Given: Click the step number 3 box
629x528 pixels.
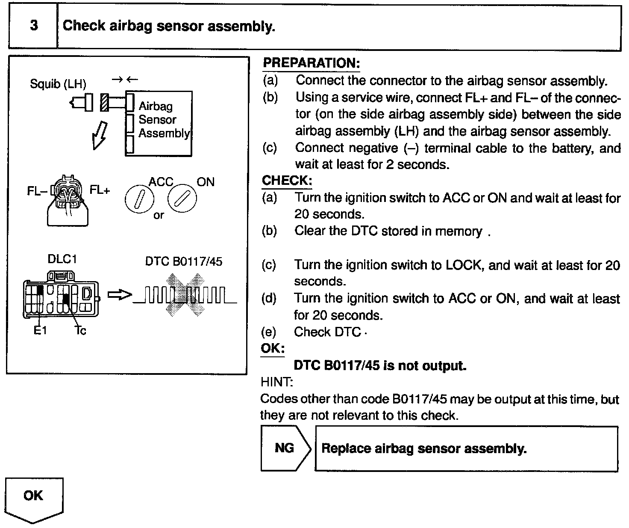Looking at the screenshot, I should pos(33,26).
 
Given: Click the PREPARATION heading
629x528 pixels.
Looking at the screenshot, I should pos(311,63).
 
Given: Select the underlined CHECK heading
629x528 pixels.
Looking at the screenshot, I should pos(287,181).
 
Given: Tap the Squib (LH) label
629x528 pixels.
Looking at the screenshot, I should pos(58,84).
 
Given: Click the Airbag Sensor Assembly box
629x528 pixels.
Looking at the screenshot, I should pos(159,123).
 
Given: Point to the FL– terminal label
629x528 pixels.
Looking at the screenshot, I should pos(37,191).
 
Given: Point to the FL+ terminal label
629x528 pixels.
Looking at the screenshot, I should pos(100,190).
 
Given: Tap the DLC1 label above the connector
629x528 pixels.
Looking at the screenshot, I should pos(62,259).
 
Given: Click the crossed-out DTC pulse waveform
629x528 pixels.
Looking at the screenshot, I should pos(185,295).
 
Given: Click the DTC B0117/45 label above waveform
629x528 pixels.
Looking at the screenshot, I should pos(184,261).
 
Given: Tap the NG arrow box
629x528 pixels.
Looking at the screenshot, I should pos(285,448).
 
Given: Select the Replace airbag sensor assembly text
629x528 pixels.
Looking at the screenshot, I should pos(423,448).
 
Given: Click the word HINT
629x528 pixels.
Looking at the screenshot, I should pos(276,382).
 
